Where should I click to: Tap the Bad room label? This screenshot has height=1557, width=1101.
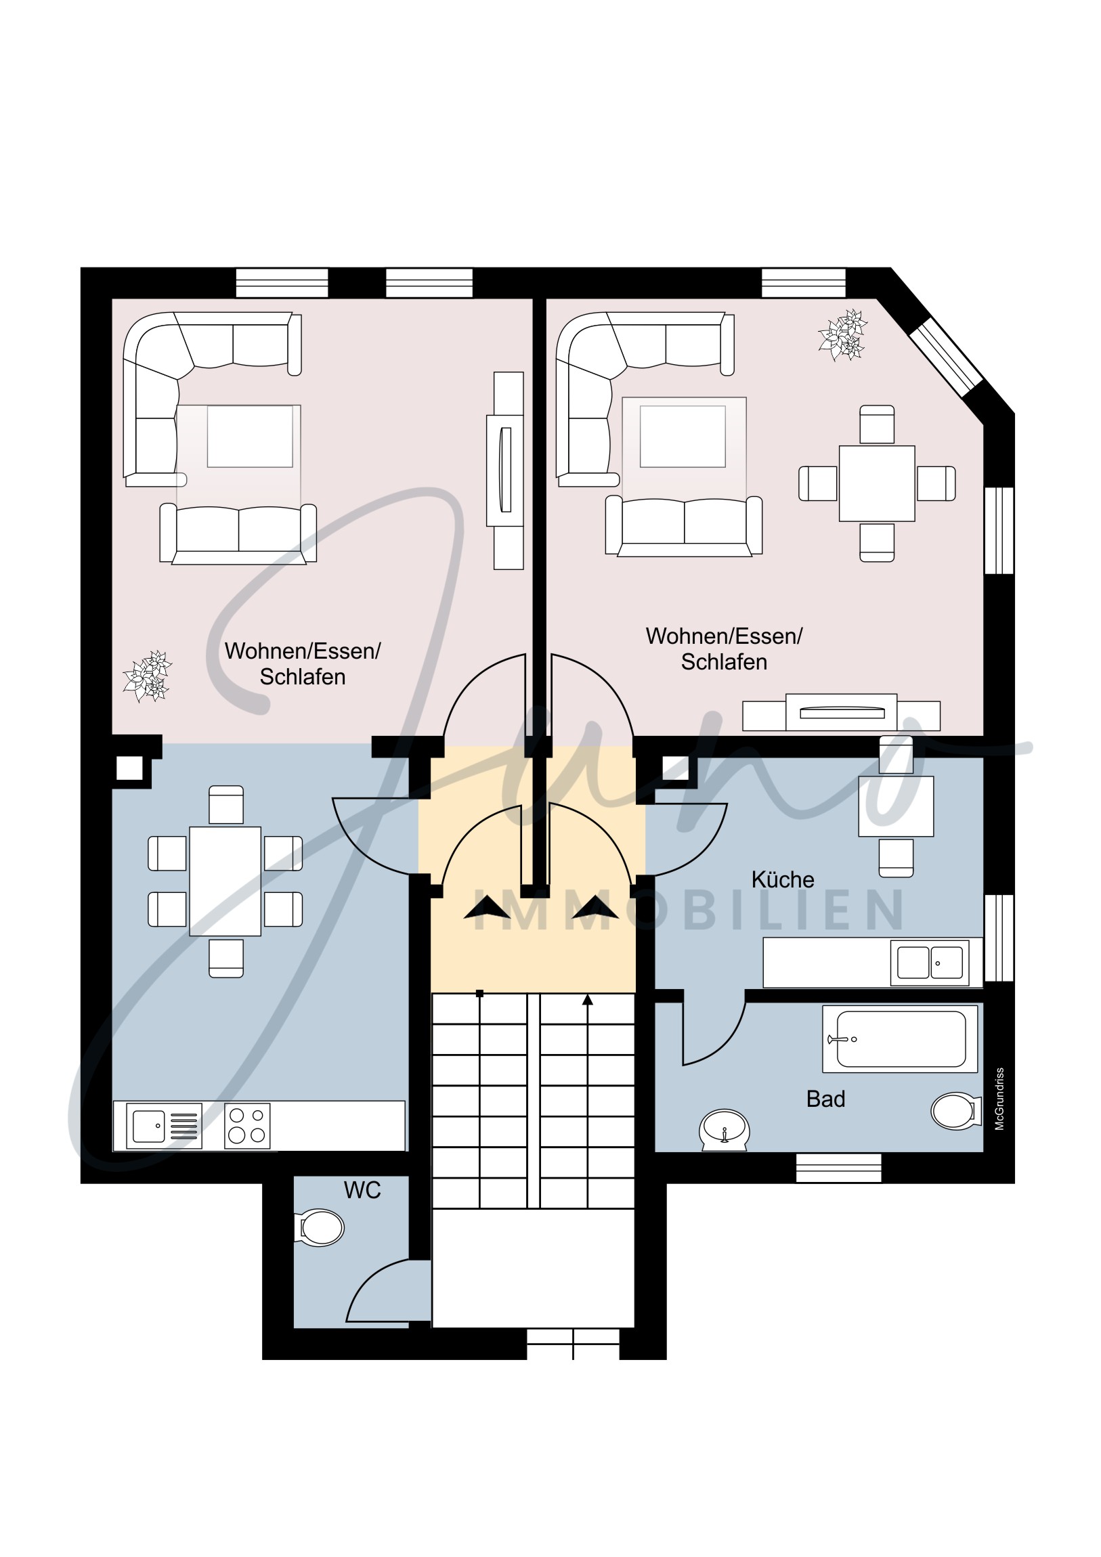[x=825, y=1099]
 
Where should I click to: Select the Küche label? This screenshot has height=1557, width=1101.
[x=783, y=879]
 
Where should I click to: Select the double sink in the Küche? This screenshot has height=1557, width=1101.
[x=930, y=962]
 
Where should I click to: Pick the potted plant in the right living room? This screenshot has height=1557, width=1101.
[x=843, y=335]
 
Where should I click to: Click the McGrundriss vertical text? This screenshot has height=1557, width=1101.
[x=999, y=1099]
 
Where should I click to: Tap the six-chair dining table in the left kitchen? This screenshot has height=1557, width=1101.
[x=225, y=881]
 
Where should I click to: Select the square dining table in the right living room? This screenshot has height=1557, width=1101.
[x=876, y=483]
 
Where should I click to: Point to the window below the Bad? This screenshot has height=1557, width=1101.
[x=838, y=1168]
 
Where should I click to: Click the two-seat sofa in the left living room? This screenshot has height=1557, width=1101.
[x=238, y=533]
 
